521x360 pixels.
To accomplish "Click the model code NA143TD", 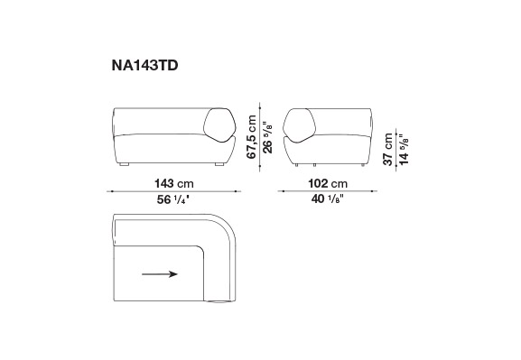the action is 144,66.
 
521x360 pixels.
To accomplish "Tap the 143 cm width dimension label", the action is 173,183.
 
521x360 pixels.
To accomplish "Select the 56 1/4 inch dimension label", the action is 173,199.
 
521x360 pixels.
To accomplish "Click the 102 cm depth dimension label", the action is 328,183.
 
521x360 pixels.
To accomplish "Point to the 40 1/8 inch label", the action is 327,198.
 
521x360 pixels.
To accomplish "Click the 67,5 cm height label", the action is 252,137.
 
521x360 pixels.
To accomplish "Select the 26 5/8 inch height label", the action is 267,137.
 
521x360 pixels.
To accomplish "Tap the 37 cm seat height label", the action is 387,149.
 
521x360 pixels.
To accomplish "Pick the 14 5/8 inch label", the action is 404,149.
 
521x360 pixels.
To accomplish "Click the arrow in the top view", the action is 160,274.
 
